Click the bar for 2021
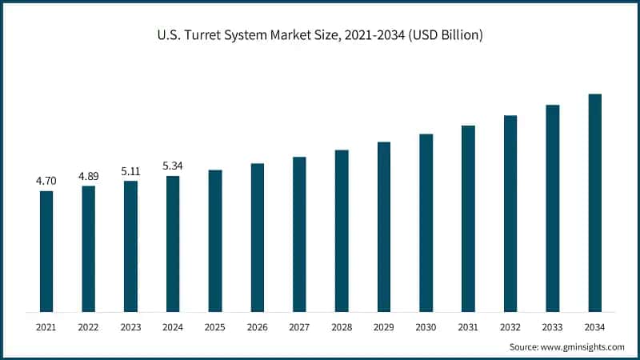[x=46, y=251]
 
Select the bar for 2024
[x=173, y=243]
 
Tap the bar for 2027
[x=299, y=234]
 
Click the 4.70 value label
[x=46, y=182]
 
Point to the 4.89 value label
[x=89, y=176]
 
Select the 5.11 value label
[x=130, y=171]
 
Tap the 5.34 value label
[x=173, y=166]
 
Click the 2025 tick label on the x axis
[x=215, y=328]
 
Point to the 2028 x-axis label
[x=342, y=328]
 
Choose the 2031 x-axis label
[x=468, y=328]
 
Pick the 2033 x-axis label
[x=552, y=328]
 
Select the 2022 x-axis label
[x=89, y=328]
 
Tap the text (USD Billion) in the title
[x=443, y=35]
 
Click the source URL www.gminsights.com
[x=582, y=347]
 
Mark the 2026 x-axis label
[x=257, y=328]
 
